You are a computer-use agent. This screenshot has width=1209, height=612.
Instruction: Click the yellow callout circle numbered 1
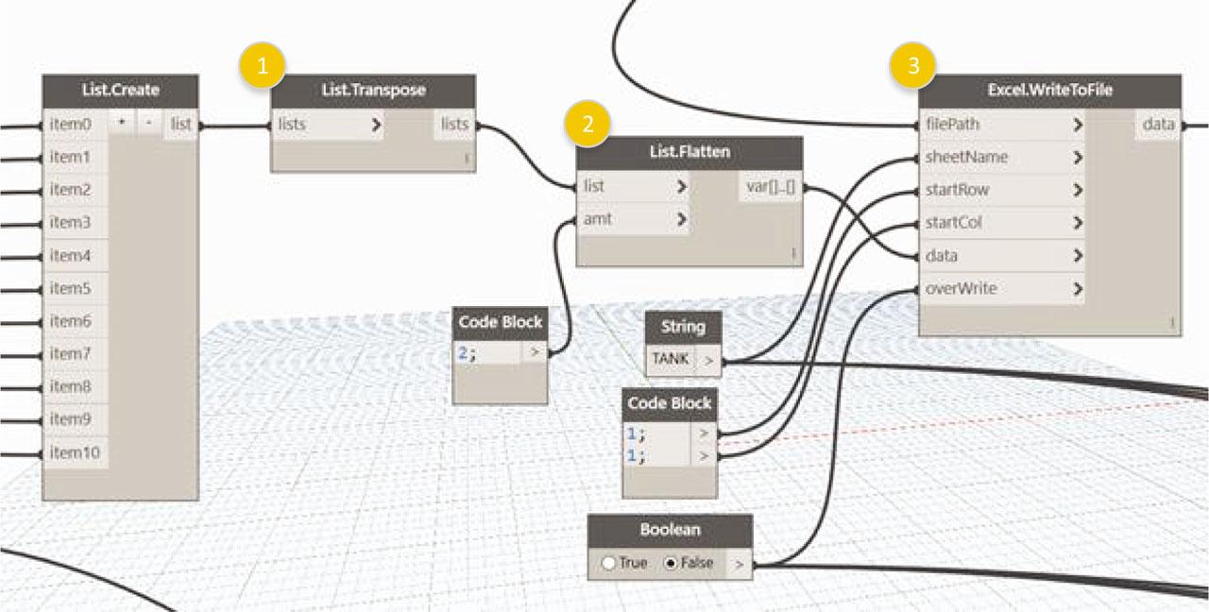pos(263,66)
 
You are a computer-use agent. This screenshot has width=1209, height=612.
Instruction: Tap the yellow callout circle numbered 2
pos(587,124)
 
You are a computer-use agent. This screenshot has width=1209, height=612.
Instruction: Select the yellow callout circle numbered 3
pos(913,65)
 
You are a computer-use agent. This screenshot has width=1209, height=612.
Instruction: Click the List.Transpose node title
pos(373,90)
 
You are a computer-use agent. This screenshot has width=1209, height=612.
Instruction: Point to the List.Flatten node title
pos(690,152)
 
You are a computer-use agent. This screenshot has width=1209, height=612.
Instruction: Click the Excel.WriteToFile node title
pos(1049,90)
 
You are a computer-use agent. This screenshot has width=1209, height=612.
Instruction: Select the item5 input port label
pos(70,288)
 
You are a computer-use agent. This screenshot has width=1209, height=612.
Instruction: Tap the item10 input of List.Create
pos(75,452)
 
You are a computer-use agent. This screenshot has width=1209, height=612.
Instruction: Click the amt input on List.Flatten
pos(597,219)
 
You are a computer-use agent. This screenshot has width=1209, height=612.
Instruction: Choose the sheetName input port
pos(966,157)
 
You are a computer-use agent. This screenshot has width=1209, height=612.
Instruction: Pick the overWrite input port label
pos(961,288)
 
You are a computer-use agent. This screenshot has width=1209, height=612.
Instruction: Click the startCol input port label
pos(953,222)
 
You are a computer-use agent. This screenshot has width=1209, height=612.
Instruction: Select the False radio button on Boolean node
pos(671,564)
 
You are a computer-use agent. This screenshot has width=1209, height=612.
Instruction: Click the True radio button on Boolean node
pos(608,564)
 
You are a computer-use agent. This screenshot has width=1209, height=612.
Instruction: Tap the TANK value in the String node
pos(670,358)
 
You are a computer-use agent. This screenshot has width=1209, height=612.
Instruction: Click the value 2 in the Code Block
pos(463,353)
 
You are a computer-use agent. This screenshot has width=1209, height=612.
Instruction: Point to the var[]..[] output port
pos(771,187)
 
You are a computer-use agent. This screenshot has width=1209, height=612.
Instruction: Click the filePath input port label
pos(952,124)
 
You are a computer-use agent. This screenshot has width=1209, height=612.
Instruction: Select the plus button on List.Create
pos(122,124)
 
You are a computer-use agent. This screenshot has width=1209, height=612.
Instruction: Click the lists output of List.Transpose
pos(454,124)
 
